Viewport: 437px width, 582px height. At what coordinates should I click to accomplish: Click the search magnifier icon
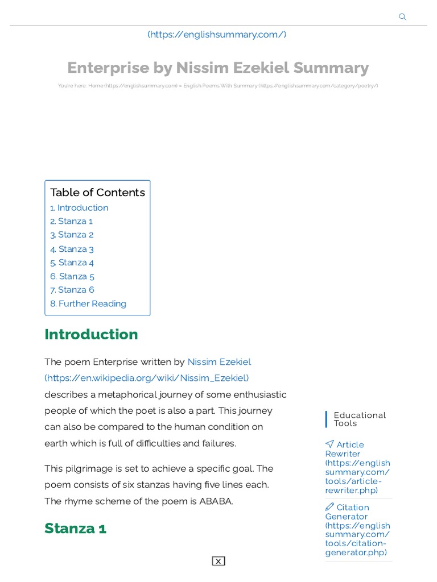403,17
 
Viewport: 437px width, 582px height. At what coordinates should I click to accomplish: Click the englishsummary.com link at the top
217,35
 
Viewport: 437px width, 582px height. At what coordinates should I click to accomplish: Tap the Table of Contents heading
97,193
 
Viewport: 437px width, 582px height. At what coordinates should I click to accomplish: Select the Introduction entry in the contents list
79,208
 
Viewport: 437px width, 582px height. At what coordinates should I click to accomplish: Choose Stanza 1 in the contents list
71,222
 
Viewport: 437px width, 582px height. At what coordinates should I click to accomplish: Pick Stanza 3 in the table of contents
72,249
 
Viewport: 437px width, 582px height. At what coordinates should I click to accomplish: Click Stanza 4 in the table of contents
72,263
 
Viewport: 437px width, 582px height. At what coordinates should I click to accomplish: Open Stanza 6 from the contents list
72,290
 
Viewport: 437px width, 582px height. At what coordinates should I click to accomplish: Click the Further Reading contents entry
88,304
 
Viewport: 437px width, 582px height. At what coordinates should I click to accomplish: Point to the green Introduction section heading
91,334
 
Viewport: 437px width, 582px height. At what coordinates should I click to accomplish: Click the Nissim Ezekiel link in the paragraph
219,362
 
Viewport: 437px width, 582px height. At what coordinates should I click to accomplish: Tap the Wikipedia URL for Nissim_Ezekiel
147,378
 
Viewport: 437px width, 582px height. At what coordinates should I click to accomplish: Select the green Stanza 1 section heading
76,529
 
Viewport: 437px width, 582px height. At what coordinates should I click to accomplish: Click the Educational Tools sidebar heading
360,419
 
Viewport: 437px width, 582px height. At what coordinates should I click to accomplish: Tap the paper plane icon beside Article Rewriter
329,444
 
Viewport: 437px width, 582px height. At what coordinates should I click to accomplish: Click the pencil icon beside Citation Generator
329,506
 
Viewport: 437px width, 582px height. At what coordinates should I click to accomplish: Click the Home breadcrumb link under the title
96,86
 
